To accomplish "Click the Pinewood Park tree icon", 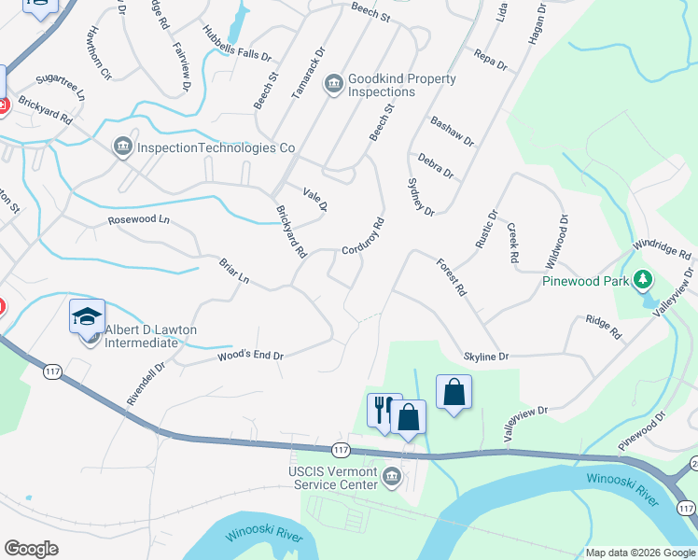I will click(x=642, y=279).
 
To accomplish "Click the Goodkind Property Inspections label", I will click(x=401, y=85).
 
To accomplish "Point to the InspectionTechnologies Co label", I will click(x=216, y=147).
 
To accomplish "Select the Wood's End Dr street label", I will click(x=250, y=356).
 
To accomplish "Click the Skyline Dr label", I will click(x=486, y=357).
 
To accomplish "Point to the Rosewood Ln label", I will click(x=139, y=220).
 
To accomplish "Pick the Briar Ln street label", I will click(x=234, y=272).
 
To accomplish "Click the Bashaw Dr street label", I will click(x=452, y=131).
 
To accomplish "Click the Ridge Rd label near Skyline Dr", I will click(x=603, y=326).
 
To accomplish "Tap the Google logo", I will click(x=31, y=549).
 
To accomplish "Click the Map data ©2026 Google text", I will click(x=639, y=553).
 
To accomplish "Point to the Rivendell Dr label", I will click(x=146, y=384).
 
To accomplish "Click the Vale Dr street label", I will click(x=315, y=199).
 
